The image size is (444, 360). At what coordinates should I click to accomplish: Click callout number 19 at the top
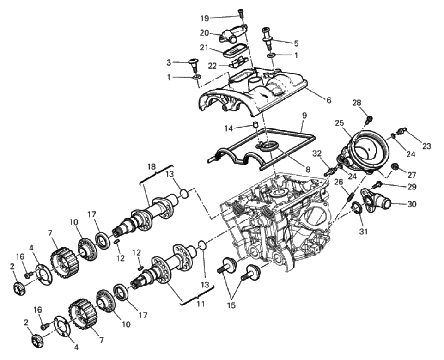205,18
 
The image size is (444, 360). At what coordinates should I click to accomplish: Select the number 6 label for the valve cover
328,100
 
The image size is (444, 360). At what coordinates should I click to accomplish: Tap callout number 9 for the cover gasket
304,116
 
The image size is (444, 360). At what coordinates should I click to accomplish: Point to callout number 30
412,204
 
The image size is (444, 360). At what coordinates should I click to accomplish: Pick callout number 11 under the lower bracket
201,304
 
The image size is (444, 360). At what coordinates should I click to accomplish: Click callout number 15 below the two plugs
231,305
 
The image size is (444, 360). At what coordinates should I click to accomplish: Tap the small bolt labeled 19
241,13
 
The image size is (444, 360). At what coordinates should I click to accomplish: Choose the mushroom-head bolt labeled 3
194,64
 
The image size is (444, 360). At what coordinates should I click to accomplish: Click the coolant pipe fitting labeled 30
375,203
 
